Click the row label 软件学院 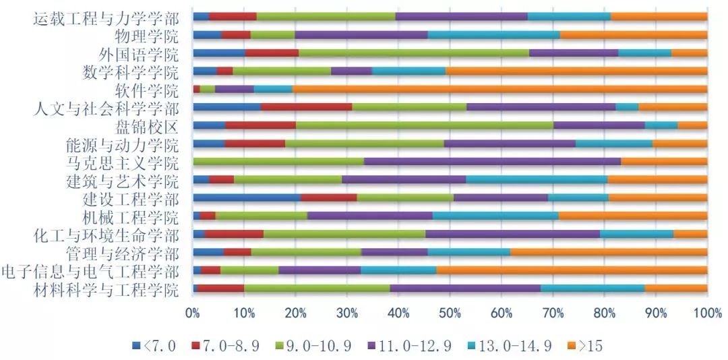pos(150,90)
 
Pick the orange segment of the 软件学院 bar pos(499,89)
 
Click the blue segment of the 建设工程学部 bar pos(246,198)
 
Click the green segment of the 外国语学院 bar pos(413,53)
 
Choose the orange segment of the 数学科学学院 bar pos(576,71)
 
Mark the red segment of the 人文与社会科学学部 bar pos(306,107)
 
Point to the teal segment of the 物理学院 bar pos(493,34)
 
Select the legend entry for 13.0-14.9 pos(512,346)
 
